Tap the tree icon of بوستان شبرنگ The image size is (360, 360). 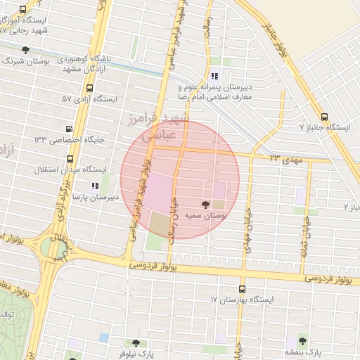tap(26, 50)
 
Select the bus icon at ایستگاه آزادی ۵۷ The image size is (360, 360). tap(89, 89)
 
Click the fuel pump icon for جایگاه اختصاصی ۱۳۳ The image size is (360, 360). tap(68, 129)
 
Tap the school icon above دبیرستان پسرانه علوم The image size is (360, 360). tap(214, 76)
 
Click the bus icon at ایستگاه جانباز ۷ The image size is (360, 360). tap(323, 117)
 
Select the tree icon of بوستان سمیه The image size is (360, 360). tap(205, 205)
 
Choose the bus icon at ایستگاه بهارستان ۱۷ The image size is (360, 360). tap(242, 289)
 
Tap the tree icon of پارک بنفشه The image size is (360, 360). tap(303, 339)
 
